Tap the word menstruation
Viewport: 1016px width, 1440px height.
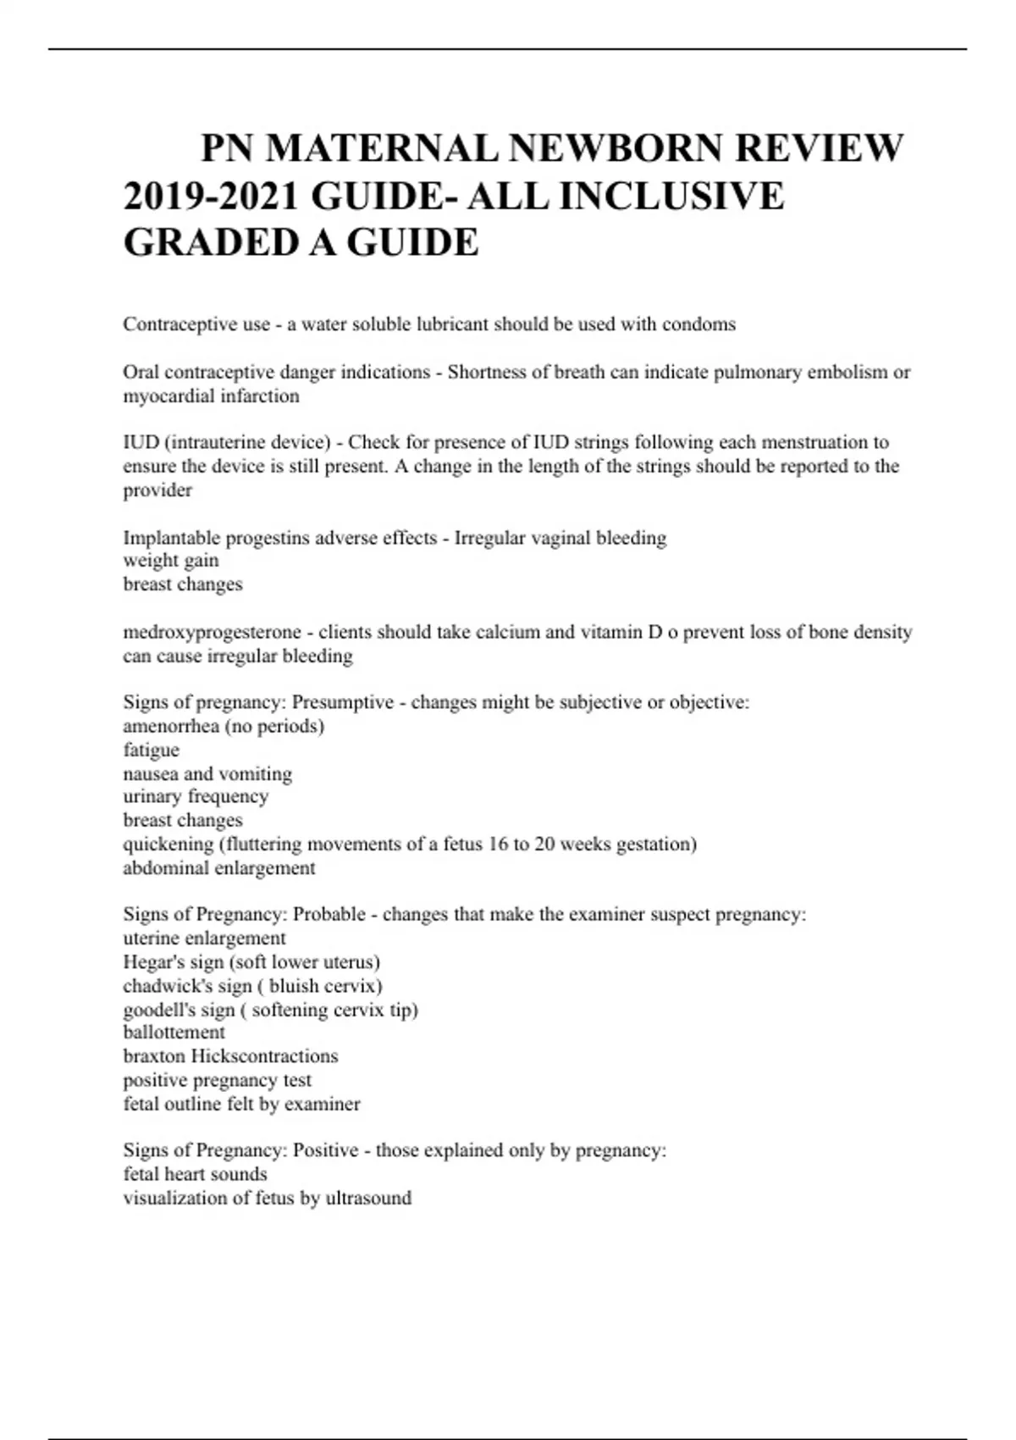814,442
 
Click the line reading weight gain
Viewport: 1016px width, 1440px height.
171,561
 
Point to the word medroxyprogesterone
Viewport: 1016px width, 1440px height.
212,632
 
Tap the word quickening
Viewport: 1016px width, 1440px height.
168,845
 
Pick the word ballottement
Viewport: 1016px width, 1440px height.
174,1033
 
